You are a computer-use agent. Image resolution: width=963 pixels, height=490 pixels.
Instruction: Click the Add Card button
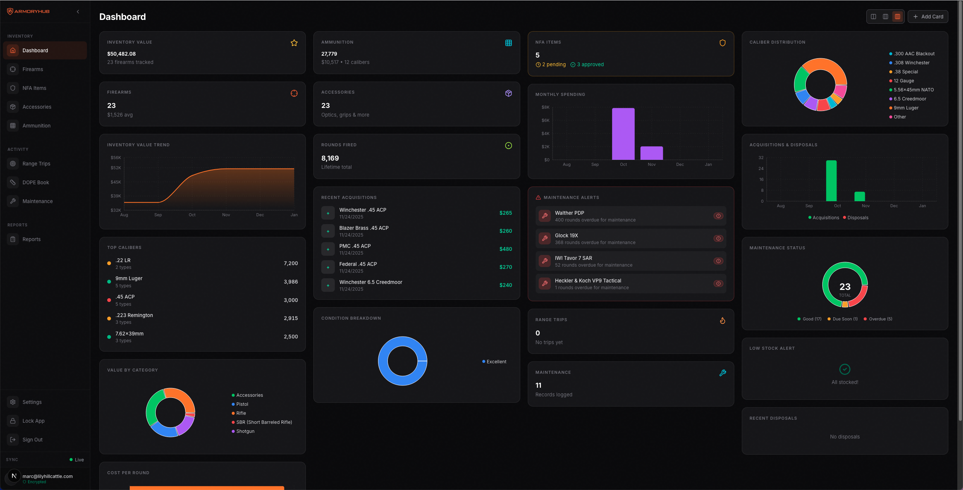(x=928, y=17)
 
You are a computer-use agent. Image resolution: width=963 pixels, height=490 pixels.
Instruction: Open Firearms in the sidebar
(x=33, y=69)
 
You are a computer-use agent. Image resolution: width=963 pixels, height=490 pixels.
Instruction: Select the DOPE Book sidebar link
(x=36, y=182)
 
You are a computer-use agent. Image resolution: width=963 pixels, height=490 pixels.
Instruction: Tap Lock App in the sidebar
(x=33, y=421)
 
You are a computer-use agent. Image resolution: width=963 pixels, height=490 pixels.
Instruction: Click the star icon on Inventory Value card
(x=294, y=43)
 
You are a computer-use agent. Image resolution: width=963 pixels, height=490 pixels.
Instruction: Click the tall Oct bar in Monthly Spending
(x=623, y=134)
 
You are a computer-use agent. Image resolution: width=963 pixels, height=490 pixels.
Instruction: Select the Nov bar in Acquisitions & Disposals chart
(x=860, y=196)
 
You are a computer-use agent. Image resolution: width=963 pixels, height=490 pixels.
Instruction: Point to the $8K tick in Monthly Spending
(x=545, y=108)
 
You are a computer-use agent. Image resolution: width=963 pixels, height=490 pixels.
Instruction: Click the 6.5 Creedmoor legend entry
(x=910, y=99)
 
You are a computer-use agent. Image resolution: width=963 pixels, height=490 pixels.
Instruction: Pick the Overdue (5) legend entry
(x=880, y=319)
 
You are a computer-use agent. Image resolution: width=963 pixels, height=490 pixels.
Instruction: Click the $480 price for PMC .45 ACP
(x=506, y=249)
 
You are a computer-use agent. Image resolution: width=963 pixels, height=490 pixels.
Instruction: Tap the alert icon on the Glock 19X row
(x=718, y=238)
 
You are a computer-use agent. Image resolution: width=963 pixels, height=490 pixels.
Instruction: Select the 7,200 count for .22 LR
(x=290, y=263)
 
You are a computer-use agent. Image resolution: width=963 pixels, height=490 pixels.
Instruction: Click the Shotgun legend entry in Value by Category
(x=245, y=431)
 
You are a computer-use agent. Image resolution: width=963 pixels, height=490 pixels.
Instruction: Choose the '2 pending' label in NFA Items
(x=553, y=65)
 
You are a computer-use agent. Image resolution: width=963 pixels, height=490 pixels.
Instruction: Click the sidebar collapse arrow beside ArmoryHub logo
(x=78, y=12)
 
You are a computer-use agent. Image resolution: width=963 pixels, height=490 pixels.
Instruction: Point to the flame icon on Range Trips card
(x=722, y=321)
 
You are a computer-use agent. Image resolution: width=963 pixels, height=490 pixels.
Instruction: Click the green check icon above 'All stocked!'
(x=845, y=369)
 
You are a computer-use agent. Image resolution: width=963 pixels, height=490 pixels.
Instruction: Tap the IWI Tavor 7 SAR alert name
(x=573, y=258)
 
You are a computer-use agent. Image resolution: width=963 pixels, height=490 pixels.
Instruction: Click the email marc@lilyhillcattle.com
(x=47, y=476)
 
